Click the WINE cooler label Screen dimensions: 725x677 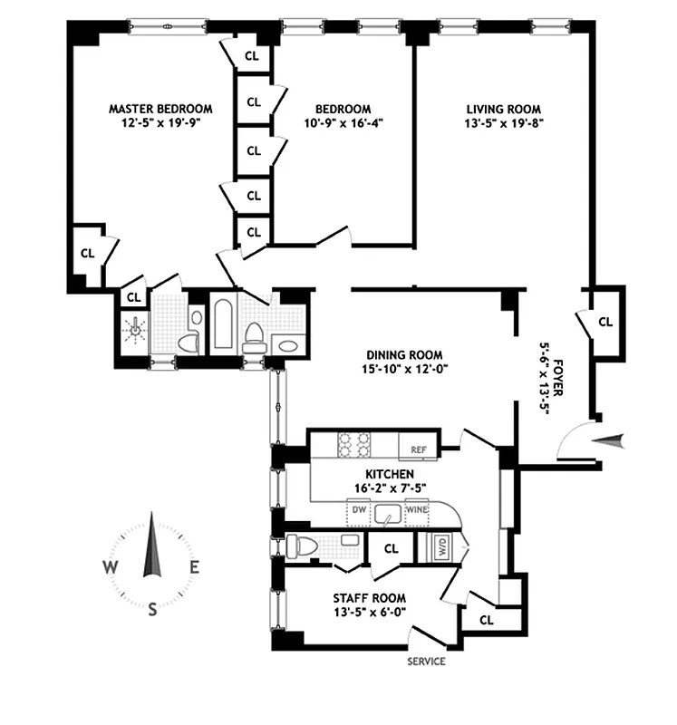coord(416,509)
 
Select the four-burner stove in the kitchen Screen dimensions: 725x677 coord(354,445)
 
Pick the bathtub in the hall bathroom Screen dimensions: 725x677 coord(223,324)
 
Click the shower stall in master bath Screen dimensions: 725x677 coord(136,330)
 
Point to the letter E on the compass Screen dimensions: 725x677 coord(194,567)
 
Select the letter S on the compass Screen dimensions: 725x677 coord(152,609)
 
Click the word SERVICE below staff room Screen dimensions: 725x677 coord(425,661)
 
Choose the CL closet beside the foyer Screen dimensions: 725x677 coord(604,322)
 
